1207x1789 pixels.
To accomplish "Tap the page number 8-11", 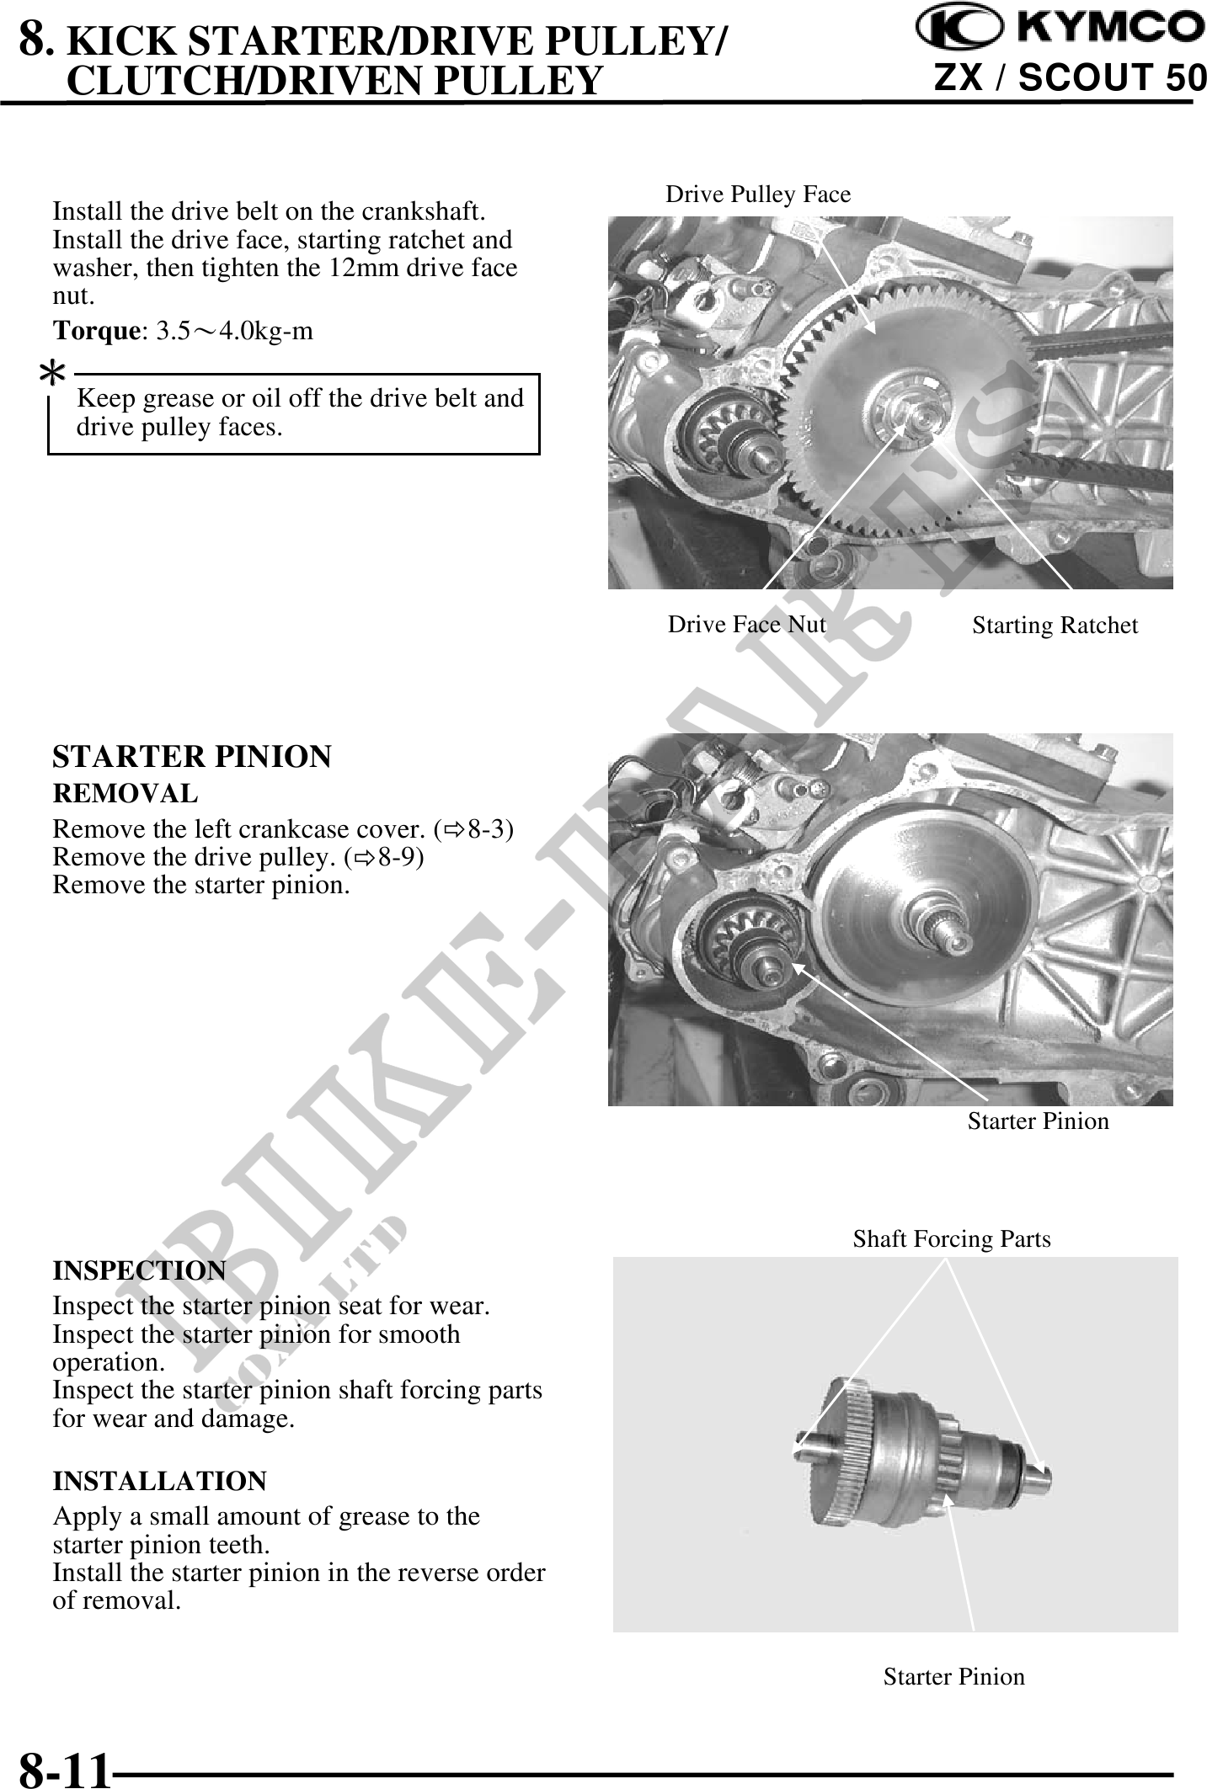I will [65, 1765].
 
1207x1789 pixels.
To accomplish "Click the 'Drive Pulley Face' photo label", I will [758, 194].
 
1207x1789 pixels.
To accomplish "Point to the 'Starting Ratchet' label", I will [1055, 626].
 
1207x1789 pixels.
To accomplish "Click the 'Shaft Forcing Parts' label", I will [952, 1239].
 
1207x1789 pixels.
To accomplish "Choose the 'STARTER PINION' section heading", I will [192, 756].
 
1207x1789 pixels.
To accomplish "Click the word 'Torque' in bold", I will [95, 330].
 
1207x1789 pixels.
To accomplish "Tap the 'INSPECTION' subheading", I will [139, 1270].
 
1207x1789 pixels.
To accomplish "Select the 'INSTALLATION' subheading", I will [159, 1480].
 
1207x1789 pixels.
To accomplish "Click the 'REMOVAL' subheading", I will [126, 793].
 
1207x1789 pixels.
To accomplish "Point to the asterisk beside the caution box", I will [53, 371].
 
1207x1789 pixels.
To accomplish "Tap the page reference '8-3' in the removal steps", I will [487, 829].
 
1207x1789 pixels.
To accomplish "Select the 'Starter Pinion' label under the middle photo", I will [1038, 1121].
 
